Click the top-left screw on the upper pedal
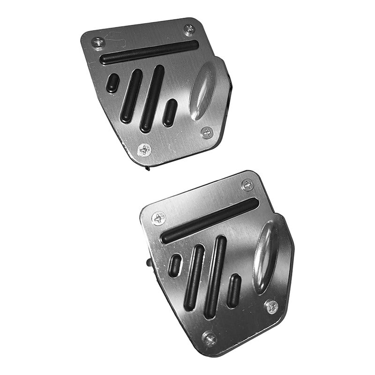click(x=98, y=42)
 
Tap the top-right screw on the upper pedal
click(x=190, y=30)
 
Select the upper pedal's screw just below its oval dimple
click(x=207, y=133)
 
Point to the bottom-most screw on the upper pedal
click(x=145, y=150)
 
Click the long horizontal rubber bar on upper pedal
click(x=149, y=52)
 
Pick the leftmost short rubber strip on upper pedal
click(x=112, y=83)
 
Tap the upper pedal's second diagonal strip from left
click(x=131, y=96)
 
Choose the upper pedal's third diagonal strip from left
click(x=152, y=98)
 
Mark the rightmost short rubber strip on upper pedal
click(x=170, y=113)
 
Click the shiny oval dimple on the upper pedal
click(x=202, y=90)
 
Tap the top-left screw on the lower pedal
click(x=159, y=218)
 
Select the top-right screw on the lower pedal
click(x=247, y=185)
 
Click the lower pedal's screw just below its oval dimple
click(x=271, y=307)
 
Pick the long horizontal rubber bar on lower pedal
click(x=210, y=220)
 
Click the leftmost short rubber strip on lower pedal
click(x=175, y=265)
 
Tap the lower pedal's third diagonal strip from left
click(x=216, y=277)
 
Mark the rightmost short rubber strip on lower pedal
click(x=233, y=291)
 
